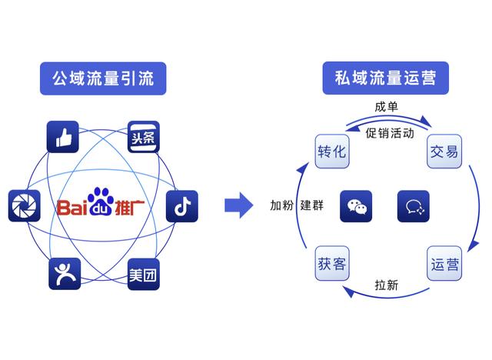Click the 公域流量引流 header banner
(103, 78)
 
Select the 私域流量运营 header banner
(385, 78)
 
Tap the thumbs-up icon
(63, 136)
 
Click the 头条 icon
(144, 136)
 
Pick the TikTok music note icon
(181, 206)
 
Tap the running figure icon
(65, 274)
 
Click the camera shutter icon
(24, 206)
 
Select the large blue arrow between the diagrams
(238, 205)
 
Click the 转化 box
(331, 151)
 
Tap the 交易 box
(444, 151)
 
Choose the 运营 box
(444, 264)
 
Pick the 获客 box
(331, 264)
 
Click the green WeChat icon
(356, 206)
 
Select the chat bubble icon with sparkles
(414, 206)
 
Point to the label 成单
(387, 107)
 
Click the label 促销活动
(390, 132)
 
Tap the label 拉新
(387, 285)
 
